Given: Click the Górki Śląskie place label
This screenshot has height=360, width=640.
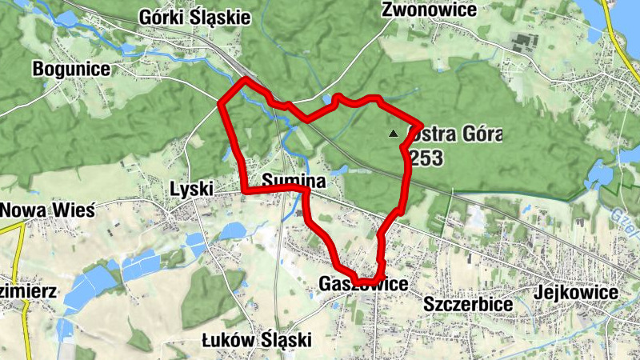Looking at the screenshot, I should click(x=194, y=17).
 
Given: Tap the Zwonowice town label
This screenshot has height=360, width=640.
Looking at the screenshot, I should click(x=430, y=10).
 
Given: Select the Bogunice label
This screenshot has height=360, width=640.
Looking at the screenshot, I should click(x=71, y=69).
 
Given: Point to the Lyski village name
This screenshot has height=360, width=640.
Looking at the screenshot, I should click(x=192, y=188).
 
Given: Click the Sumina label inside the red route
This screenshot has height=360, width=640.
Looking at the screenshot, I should click(x=294, y=182).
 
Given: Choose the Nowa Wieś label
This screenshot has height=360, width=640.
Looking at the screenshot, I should click(x=48, y=210).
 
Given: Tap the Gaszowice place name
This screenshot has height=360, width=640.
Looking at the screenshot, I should click(x=362, y=284).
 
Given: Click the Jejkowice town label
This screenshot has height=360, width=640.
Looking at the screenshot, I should click(x=578, y=293).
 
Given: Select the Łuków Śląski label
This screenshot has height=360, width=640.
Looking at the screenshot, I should click(x=257, y=340).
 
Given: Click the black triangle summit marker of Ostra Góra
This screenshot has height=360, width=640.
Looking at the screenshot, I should click(x=392, y=134).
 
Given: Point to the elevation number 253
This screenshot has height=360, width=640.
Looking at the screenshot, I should click(x=426, y=158).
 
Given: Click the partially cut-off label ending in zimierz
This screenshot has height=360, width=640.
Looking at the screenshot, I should click(x=28, y=291).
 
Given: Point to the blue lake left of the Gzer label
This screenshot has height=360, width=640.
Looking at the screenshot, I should click(x=597, y=173).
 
